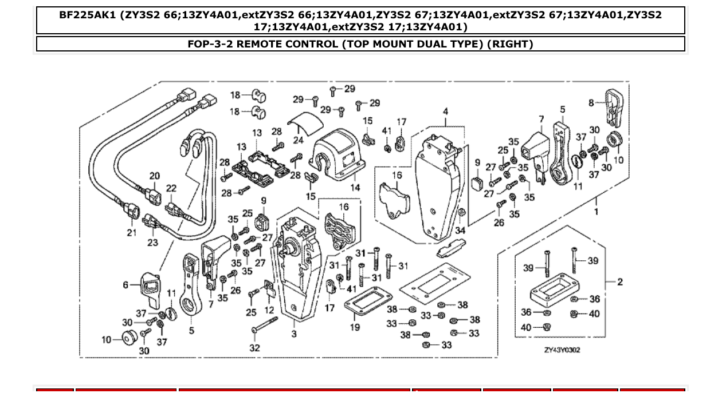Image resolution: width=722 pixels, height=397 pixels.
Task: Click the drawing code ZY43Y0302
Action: coord(562,350)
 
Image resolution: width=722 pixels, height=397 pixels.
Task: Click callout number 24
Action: coord(298,140)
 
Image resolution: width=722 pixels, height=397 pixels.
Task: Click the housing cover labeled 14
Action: coord(338,154)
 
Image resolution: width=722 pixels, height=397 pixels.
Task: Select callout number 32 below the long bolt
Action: coord(254,347)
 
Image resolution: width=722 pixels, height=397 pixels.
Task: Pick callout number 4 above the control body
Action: coord(445,112)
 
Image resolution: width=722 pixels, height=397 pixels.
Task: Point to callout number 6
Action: coord(125,284)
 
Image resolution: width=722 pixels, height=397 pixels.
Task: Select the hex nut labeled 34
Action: coord(461,216)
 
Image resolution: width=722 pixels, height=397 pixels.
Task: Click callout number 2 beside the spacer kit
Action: coord(620,281)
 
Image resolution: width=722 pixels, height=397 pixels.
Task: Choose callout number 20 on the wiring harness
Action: coord(154,176)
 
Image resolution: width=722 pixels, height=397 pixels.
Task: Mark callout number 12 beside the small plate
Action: coord(269,310)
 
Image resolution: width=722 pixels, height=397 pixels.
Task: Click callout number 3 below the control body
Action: coord(293,334)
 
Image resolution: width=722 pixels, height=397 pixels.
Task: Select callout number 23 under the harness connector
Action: coord(152,242)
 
